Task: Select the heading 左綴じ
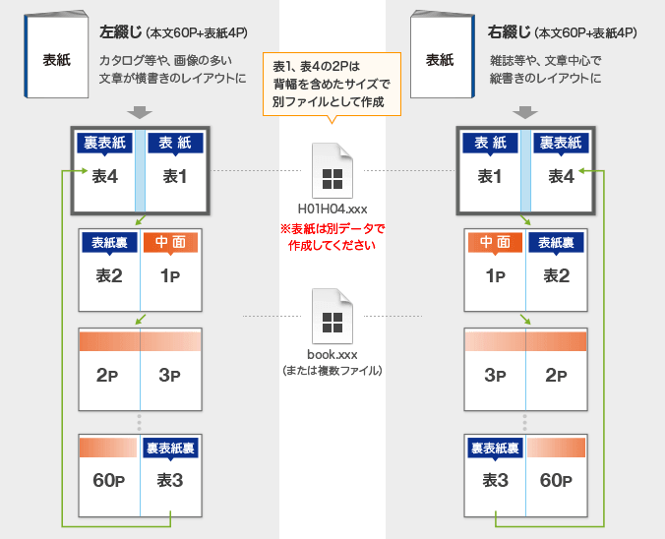[120, 33]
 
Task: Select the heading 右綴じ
[508, 33]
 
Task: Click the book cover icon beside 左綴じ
[55, 57]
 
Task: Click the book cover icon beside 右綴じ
[439, 57]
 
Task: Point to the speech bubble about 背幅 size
[332, 85]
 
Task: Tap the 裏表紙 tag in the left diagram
[104, 144]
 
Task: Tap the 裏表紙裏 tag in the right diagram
[495, 449]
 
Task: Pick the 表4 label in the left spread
[105, 176]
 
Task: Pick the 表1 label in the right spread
[490, 176]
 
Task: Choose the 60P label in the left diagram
[108, 481]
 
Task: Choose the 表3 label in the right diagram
[495, 481]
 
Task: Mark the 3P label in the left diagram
[171, 375]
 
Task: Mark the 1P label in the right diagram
[495, 275]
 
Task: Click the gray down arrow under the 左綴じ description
[140, 112]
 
